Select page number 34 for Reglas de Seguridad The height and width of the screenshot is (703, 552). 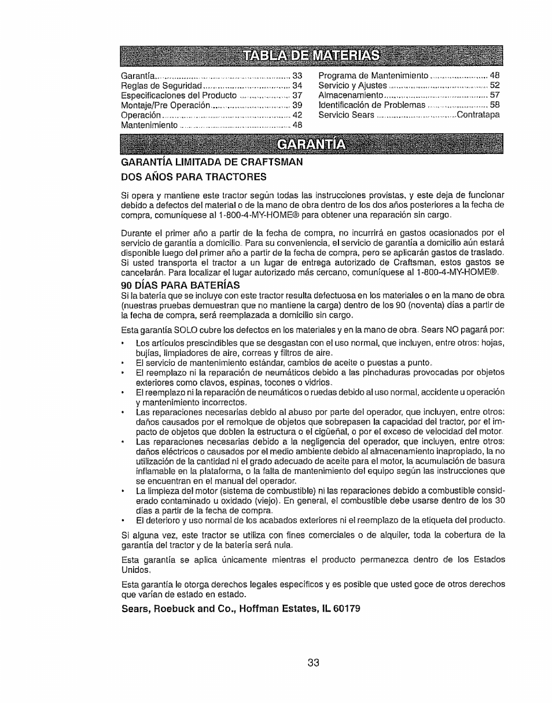tap(298, 86)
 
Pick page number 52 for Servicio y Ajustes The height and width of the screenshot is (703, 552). tap(495, 86)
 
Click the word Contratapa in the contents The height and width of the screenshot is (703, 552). tap(479, 115)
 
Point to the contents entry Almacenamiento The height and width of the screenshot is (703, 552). tap(352, 95)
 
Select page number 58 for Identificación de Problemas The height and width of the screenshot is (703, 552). tap(495, 105)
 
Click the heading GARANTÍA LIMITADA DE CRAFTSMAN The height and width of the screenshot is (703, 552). tap(212, 162)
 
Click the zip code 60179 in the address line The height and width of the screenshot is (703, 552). tap(339, 609)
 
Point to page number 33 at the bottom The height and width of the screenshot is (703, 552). tap(313, 663)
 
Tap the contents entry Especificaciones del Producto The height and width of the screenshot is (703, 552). tap(179, 95)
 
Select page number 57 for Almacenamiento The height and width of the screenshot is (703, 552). tap(495, 95)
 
